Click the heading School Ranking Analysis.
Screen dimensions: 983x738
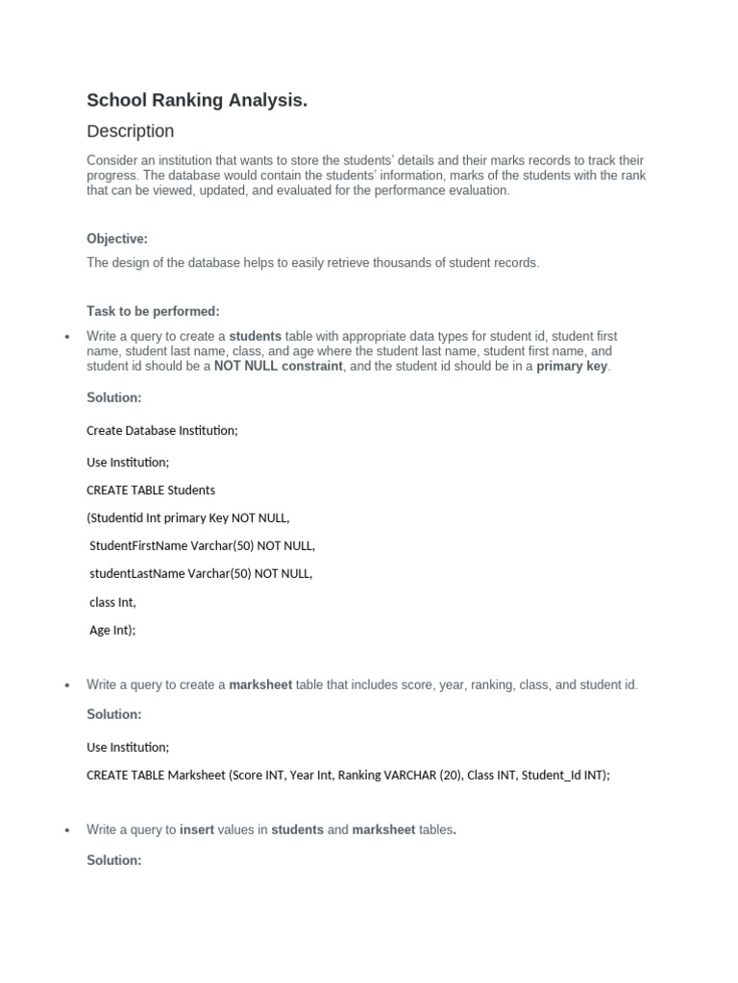[197, 100]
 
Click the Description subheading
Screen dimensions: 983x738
[131, 132]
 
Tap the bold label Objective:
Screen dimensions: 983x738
[117, 239]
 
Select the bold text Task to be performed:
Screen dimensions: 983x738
[153, 311]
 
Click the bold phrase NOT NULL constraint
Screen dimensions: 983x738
[278, 367]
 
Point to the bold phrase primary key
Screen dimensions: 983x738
[572, 367]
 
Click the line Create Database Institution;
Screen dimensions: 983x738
[161, 431]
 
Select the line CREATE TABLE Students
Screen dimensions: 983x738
[151, 491]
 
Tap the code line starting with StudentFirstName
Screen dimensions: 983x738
[202, 546]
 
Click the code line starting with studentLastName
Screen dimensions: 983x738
[201, 574]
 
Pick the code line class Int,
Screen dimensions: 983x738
[112, 603]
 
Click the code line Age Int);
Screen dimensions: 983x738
[112, 631]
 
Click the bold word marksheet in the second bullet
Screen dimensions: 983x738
[260, 685]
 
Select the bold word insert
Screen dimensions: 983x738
[197, 829]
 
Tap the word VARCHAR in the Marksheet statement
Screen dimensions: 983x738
[409, 776]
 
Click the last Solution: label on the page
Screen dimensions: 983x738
[113, 860]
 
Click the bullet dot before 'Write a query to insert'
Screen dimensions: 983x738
[67, 830]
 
